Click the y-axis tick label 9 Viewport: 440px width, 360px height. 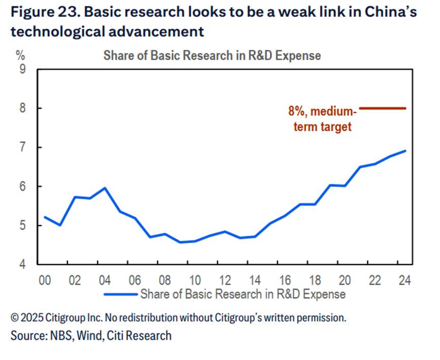click(23, 69)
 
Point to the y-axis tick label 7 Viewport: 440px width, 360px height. click(23, 147)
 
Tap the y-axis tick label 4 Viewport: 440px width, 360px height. click(23, 265)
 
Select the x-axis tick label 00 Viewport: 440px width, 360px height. click(45, 280)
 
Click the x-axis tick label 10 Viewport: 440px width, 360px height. click(194, 280)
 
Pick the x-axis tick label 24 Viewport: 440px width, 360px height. click(405, 280)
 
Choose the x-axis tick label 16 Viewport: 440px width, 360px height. click(285, 280)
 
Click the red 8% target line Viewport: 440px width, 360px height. click(382, 108)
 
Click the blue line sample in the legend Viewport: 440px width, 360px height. click(121, 294)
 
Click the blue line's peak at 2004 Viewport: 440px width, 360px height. click(105, 188)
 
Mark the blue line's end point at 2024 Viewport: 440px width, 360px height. click(405, 151)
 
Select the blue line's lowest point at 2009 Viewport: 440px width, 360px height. click(180, 242)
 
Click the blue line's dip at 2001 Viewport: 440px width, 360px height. click(60, 225)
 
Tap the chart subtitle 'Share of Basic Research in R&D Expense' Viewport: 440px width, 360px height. click(212, 55)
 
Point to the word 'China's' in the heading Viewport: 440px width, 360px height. click(389, 12)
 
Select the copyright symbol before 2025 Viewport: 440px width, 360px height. click(15, 318)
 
